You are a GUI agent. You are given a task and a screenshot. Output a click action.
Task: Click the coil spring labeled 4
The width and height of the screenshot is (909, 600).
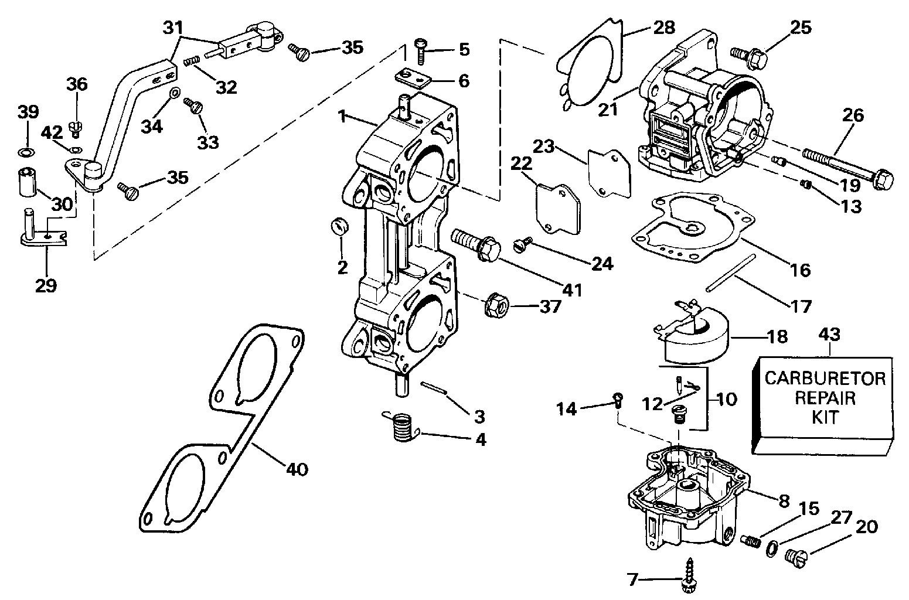(x=401, y=426)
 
